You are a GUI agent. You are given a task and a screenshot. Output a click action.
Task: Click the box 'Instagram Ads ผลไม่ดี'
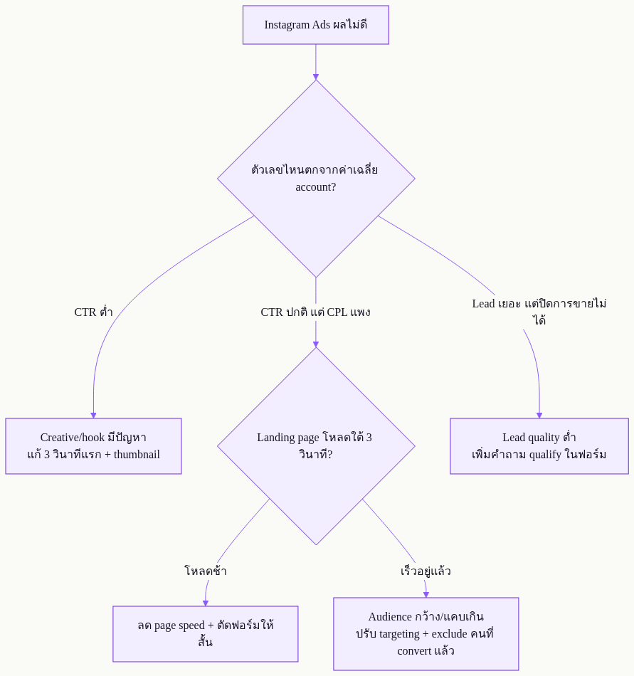pos(315,25)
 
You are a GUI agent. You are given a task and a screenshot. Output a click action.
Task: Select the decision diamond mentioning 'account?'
pos(316,179)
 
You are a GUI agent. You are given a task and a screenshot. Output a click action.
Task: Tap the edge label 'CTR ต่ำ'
pos(93,312)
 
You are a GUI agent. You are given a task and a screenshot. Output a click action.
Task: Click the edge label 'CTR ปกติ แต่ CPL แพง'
pos(315,312)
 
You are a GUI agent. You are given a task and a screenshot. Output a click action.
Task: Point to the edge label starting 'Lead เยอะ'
pos(539,312)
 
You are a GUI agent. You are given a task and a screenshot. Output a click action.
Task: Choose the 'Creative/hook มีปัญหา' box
pos(93,445)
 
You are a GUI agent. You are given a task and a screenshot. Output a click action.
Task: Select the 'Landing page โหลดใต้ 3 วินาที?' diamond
pos(316,445)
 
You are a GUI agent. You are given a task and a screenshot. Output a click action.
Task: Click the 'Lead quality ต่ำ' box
pos(539,445)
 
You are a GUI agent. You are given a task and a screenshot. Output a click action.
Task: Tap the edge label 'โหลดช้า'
pos(206,571)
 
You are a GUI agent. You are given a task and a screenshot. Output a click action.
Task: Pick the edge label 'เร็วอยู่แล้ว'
pos(426,571)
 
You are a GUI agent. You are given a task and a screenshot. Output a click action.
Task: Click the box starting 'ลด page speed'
pos(206,634)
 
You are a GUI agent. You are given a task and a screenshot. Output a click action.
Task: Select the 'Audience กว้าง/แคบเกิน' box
pos(426,634)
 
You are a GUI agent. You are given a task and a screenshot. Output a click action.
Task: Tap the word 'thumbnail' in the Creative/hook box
pos(137,455)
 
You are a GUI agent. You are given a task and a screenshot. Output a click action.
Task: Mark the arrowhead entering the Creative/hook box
pos(93,415)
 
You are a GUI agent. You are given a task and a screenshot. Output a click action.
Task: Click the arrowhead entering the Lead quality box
pos(539,415)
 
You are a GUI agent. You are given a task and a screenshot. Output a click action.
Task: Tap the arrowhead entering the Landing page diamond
pos(316,344)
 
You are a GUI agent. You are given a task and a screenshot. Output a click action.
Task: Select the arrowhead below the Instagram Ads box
pos(316,77)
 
